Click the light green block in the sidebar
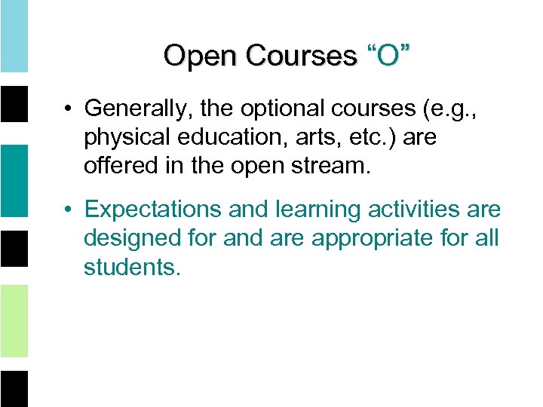(14, 320)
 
